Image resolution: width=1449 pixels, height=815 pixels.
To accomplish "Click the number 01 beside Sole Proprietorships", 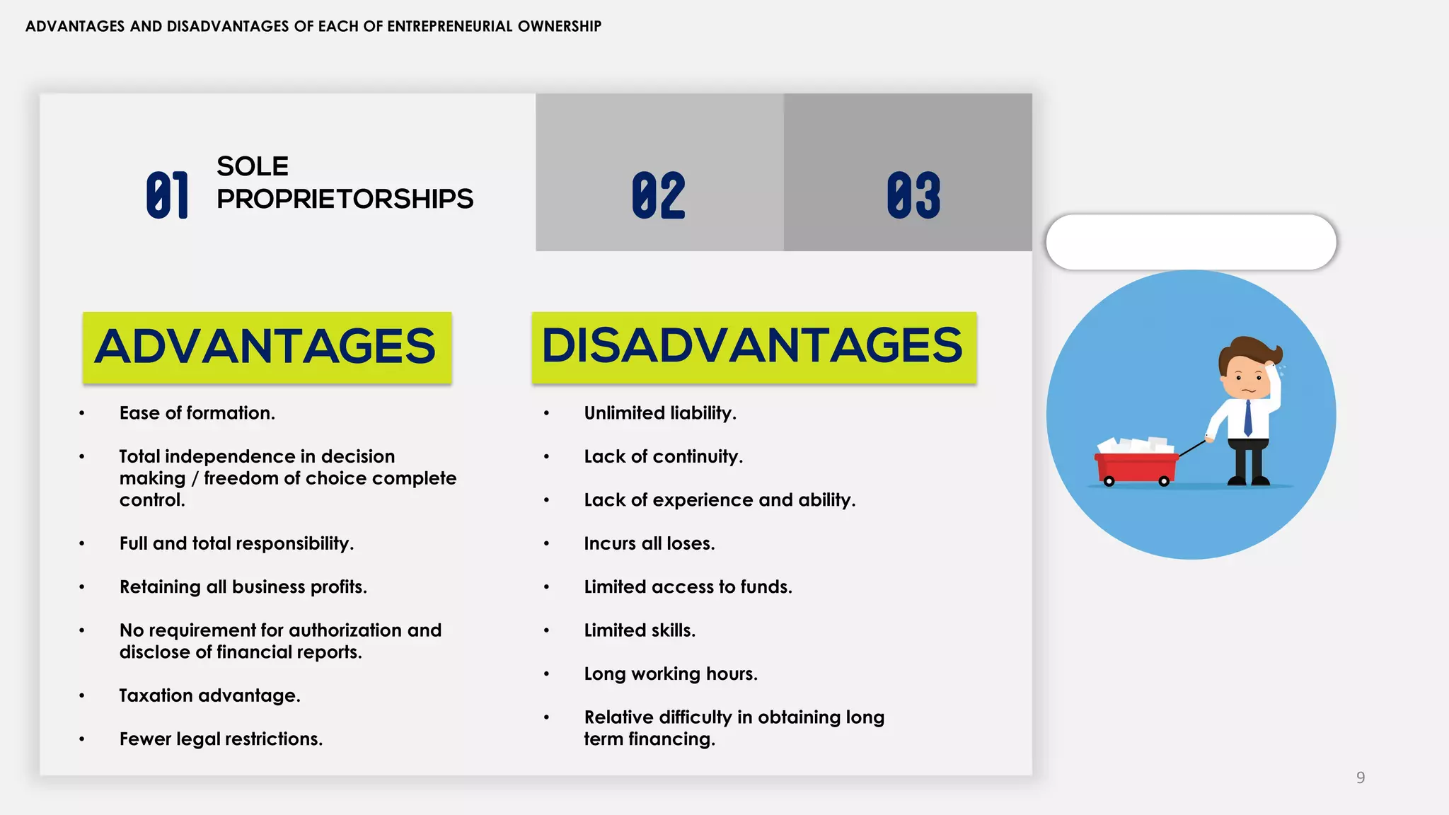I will [x=168, y=195].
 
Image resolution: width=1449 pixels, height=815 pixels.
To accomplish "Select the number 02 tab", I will [x=659, y=195].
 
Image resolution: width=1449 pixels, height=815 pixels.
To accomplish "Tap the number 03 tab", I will [x=913, y=195].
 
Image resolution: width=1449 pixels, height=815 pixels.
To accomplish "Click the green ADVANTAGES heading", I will [x=267, y=347].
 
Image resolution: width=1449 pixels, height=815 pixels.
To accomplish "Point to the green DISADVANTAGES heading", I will [x=754, y=347].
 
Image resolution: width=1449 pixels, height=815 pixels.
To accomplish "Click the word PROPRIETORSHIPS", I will [x=345, y=199].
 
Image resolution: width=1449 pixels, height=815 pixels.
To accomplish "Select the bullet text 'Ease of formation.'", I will [x=197, y=413].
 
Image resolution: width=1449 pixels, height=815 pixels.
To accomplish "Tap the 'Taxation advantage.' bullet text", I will [x=209, y=695].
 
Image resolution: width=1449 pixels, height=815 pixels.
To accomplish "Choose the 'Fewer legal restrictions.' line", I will [x=221, y=739].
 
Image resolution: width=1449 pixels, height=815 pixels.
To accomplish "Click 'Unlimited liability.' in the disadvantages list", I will [x=660, y=413].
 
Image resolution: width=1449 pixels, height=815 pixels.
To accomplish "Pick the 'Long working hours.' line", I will [x=671, y=674].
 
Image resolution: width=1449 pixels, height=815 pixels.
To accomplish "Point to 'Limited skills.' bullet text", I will [x=640, y=630].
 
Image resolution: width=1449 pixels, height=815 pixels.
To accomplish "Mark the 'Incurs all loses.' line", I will [x=650, y=543].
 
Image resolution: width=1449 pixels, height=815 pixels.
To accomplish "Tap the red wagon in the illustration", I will [x=1136, y=467].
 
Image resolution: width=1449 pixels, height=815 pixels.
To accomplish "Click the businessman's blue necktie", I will [x=1247, y=417].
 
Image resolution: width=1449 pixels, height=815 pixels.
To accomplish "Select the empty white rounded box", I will [x=1191, y=242].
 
